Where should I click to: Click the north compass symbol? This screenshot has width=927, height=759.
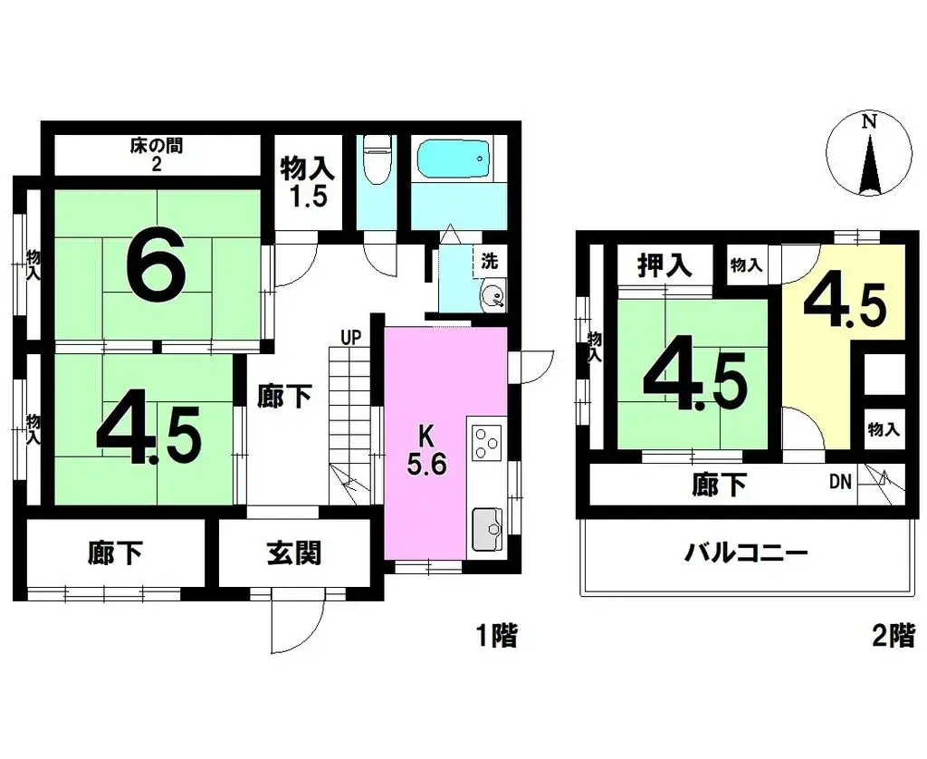[870, 157]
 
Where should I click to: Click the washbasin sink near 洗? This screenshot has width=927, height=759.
[492, 296]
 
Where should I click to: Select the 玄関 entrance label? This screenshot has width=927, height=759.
[294, 552]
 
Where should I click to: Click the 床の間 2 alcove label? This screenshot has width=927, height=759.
[156, 154]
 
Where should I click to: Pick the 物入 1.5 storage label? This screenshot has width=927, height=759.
[307, 182]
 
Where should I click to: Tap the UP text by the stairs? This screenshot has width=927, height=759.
[351, 338]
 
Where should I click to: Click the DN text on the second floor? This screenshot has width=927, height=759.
[840, 483]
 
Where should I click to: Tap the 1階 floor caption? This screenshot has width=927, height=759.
[497, 635]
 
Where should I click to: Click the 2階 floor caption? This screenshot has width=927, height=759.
[894, 635]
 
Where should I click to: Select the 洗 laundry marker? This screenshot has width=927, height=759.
[489, 263]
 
